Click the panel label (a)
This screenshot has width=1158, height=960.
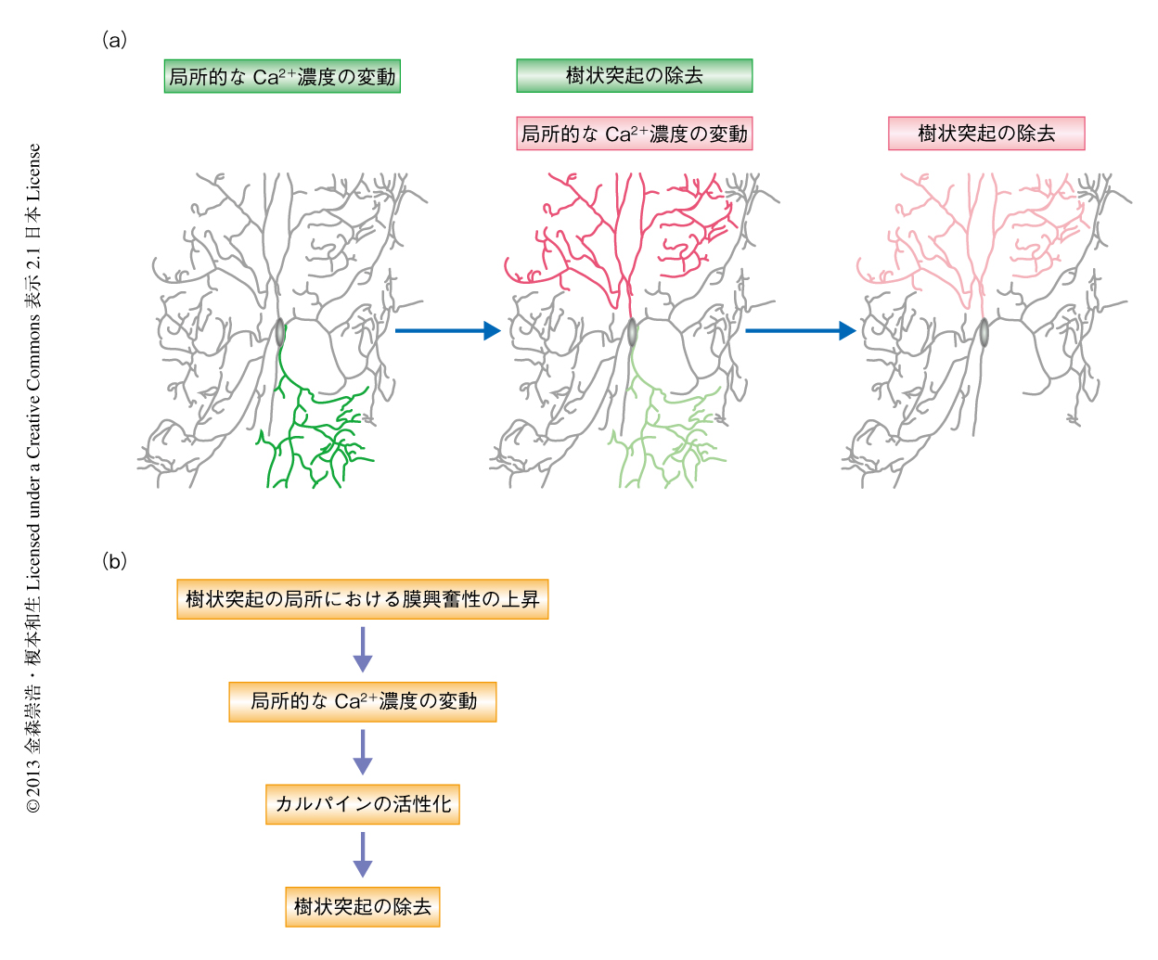(114, 40)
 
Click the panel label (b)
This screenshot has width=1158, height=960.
(114, 561)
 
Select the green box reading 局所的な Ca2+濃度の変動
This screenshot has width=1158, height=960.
(282, 77)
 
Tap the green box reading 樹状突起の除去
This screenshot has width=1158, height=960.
(634, 76)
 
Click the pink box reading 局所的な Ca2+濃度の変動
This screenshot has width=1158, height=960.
(634, 134)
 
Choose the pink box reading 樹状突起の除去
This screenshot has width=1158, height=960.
(986, 134)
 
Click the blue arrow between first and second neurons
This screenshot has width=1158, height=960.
(447, 330)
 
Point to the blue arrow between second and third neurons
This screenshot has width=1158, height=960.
(800, 330)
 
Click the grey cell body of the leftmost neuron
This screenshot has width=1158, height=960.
(280, 332)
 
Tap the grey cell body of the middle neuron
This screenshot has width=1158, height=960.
(632, 332)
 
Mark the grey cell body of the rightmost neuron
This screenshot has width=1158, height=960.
(984, 332)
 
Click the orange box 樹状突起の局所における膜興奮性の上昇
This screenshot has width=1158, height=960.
(362, 599)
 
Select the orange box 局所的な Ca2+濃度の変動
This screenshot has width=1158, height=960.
(362, 702)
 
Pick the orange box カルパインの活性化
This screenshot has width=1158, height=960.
(362, 804)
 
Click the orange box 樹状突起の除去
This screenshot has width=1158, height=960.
(362, 907)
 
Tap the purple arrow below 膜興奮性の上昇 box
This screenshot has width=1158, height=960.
(362, 649)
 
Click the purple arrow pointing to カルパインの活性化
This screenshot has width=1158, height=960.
(362, 752)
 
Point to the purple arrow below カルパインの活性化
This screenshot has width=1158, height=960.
(362, 854)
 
